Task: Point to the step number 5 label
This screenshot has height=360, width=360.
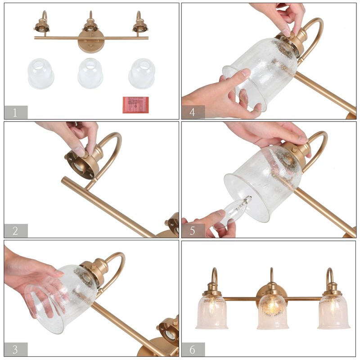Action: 193,231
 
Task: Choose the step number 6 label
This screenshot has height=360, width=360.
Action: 193,349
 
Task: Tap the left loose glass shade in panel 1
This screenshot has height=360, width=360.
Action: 40,74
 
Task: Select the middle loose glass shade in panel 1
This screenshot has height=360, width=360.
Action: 90,74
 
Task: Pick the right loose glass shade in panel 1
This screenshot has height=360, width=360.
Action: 142,74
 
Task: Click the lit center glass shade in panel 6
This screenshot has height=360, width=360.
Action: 272,310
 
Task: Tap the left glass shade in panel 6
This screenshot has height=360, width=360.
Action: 212,311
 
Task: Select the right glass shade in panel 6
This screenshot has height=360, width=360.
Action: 333,311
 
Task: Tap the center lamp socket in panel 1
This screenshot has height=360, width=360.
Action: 90,26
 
